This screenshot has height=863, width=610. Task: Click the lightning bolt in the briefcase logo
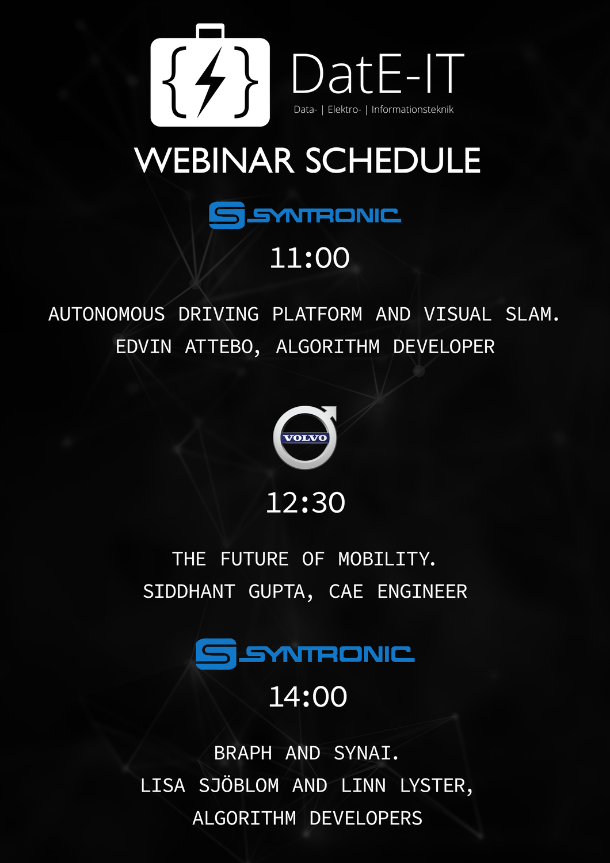pos(210,82)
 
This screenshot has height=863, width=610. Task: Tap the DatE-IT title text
pos(378,74)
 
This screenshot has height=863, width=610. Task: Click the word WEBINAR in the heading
pos(214,161)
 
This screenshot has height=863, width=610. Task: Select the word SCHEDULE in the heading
pos(393,161)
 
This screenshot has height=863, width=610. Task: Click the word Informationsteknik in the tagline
pos(412,109)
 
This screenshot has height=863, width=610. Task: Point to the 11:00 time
pos(310,258)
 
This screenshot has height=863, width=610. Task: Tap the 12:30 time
pos(305,502)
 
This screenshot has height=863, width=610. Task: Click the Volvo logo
pos(305,437)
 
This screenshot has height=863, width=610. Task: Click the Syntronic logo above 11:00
pos(305,215)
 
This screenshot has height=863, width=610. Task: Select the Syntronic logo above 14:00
pos(305,654)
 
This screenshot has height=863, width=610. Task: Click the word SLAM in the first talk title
pos(532,314)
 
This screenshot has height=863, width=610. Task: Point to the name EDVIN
pos(143,347)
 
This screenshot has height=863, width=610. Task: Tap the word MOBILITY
pos(387,559)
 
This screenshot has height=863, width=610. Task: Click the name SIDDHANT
pos(189,591)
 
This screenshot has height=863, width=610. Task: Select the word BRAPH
pos(243,753)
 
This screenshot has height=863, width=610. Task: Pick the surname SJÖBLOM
pos(238,785)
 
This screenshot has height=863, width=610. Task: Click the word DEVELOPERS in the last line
pos(365,818)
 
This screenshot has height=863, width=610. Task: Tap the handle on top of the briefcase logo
pos(210,31)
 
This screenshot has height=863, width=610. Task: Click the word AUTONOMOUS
pos(106,314)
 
